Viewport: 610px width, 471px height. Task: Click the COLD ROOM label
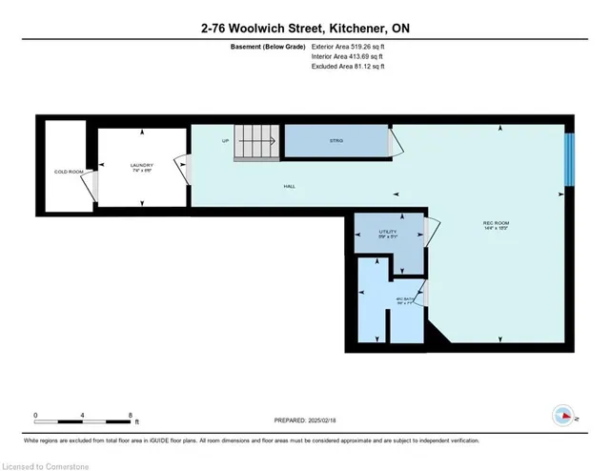[x=66, y=172]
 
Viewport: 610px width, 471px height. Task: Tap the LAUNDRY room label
[x=142, y=166]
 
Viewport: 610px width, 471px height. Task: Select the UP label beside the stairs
[x=225, y=141]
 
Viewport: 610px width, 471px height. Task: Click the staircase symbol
[x=257, y=142]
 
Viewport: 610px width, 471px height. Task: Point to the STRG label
[x=335, y=141]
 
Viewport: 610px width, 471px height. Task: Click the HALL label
[x=288, y=186]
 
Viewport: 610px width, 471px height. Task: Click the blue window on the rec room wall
[x=569, y=157]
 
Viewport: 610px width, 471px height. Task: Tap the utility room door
[x=431, y=230]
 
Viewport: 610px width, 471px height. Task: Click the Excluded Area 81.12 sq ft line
[x=348, y=68]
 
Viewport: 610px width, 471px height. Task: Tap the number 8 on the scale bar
[x=130, y=416]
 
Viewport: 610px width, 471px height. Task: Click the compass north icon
[x=563, y=415]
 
